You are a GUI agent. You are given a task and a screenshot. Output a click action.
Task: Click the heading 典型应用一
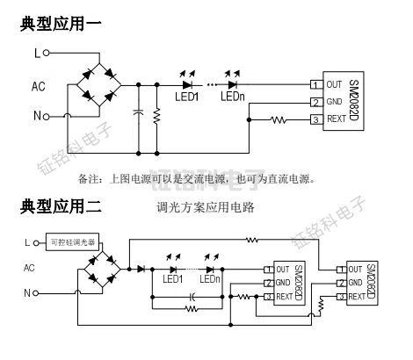coord(61,25)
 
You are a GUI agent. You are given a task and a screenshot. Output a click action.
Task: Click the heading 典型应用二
coord(61,208)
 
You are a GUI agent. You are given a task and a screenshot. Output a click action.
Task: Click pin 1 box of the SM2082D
coord(314,85)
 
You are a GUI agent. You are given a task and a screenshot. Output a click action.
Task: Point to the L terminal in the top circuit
coord(37,54)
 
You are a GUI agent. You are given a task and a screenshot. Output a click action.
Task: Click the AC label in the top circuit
coord(39,86)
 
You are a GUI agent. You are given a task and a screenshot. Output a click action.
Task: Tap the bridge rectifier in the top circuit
coord(96,85)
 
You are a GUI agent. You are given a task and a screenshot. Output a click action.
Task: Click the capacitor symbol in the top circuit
coord(138,112)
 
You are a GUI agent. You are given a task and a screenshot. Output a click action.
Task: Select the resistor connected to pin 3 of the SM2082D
coord(279,119)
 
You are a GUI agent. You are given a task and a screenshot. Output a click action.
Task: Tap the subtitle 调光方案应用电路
coord(204,208)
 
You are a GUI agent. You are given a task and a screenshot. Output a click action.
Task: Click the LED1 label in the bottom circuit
coord(172,279)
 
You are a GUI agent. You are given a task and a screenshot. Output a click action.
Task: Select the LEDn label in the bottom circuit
coord(209,279)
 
